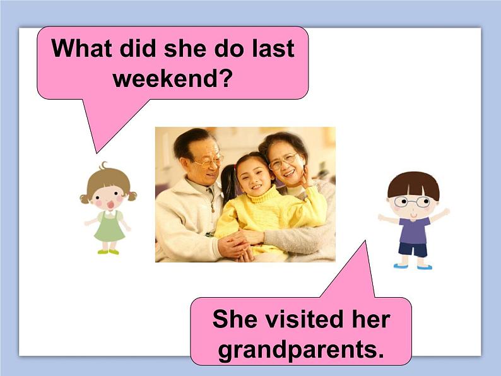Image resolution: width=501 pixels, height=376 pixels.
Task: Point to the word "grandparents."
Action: pos(301,350)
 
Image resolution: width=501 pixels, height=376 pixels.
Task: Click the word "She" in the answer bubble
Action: pos(235,319)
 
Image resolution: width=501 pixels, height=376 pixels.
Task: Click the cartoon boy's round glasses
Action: pos(413,202)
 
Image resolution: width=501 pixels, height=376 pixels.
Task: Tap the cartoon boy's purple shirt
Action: pos(413,230)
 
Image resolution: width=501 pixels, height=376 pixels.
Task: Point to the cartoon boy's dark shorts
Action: pos(413,249)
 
